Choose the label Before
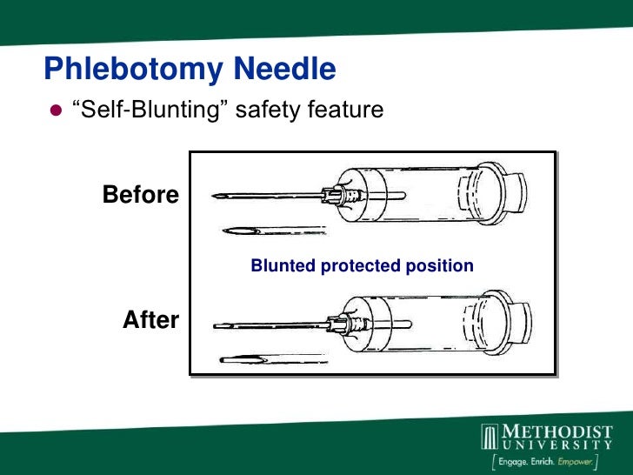click(141, 195)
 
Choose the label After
click(150, 320)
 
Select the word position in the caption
click(443, 266)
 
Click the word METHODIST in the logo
click(558, 432)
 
